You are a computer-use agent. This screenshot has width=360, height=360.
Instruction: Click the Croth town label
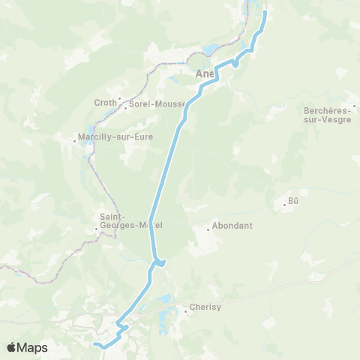[104, 103]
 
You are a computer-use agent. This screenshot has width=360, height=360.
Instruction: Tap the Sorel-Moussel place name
[157, 104]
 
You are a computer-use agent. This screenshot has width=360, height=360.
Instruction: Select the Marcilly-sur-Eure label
[111, 138]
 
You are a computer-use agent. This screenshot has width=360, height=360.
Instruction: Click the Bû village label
[293, 202]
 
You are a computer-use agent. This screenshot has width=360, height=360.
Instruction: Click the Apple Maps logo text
[32, 347]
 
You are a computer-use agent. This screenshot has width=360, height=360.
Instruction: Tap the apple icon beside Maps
[12, 346]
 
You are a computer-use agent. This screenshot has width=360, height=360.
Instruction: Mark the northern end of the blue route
[265, 11]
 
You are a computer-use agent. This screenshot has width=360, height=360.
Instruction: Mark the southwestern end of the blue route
[95, 344]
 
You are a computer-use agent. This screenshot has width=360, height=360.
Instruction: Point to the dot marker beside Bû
[284, 202]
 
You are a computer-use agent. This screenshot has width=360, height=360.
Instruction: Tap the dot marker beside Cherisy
[186, 307]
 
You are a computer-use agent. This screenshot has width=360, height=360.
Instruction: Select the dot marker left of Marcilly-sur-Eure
[76, 138]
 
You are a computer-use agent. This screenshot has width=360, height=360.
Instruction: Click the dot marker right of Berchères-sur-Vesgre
[355, 106]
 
